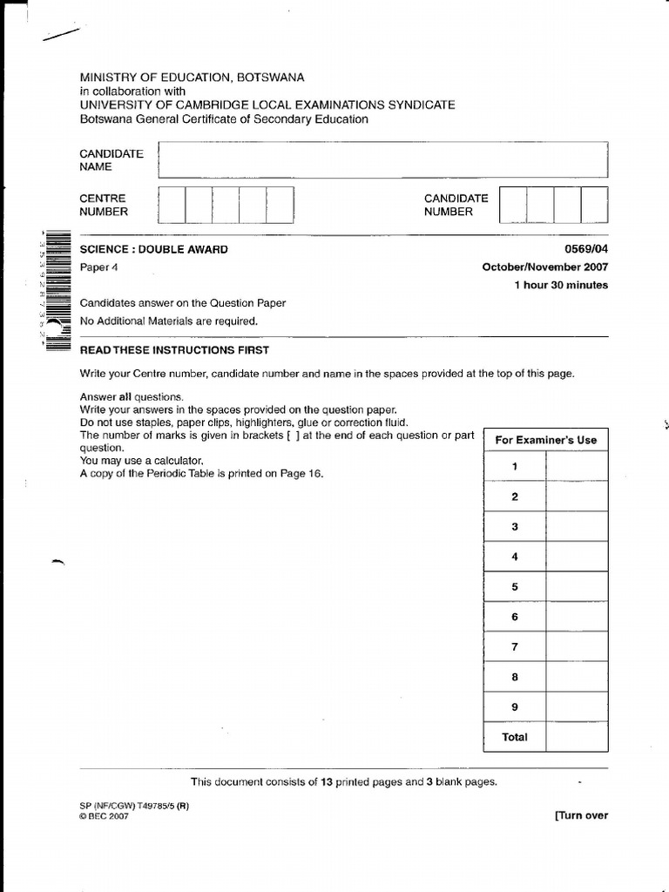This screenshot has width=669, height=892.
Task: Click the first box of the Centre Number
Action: point(172,205)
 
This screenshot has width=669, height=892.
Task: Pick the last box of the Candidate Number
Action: point(594,205)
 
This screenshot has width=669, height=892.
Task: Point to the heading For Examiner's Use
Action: point(546,440)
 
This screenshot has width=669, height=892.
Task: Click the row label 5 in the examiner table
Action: point(515,587)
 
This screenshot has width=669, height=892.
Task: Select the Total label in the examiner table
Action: point(515,737)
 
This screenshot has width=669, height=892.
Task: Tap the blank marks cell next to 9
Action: point(577,707)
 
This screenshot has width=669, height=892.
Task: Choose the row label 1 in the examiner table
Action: point(515,467)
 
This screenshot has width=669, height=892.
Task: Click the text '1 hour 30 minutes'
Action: point(561,285)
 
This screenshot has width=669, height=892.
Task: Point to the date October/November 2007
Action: point(545,267)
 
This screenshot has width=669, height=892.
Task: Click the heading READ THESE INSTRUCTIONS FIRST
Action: point(174,350)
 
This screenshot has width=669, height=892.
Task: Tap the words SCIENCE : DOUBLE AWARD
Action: point(154,250)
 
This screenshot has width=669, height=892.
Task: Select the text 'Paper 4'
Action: point(98,267)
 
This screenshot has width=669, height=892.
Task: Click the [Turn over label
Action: point(581,815)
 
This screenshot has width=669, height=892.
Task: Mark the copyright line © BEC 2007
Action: point(103,817)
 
